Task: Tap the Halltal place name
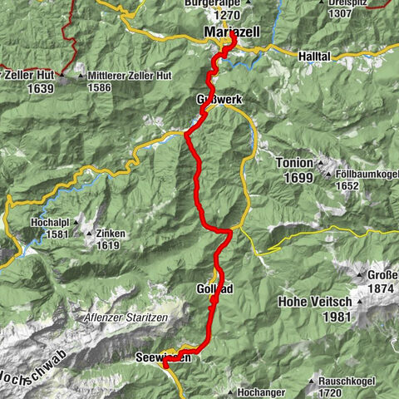[313, 56]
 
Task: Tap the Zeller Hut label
[27, 73]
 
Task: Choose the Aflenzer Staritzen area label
[125, 318]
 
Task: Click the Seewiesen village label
[163, 357]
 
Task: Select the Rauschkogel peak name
[350, 378]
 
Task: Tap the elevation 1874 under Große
[381, 289]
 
